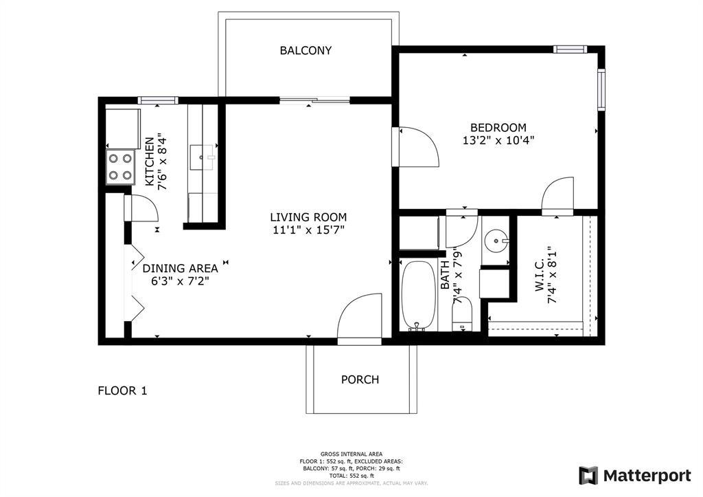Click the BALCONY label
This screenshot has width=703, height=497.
(306, 50)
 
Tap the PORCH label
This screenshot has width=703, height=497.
(360, 379)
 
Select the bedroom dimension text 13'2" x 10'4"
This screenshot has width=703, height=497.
(498, 140)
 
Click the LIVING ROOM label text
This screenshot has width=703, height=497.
(308, 217)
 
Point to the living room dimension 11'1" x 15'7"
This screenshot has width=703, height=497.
(308, 230)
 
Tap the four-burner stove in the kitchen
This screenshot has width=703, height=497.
(119, 166)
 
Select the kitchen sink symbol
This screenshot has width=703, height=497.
(203, 157)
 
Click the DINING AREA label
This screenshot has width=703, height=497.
(180, 268)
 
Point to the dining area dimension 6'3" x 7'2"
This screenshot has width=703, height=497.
(180, 280)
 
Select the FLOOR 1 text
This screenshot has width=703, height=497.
(122, 391)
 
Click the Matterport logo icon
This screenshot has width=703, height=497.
(588, 476)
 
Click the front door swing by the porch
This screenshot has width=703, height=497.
(360, 318)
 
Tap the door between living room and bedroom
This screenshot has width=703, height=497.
(416, 146)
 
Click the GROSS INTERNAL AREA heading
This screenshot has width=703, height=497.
(351, 454)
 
